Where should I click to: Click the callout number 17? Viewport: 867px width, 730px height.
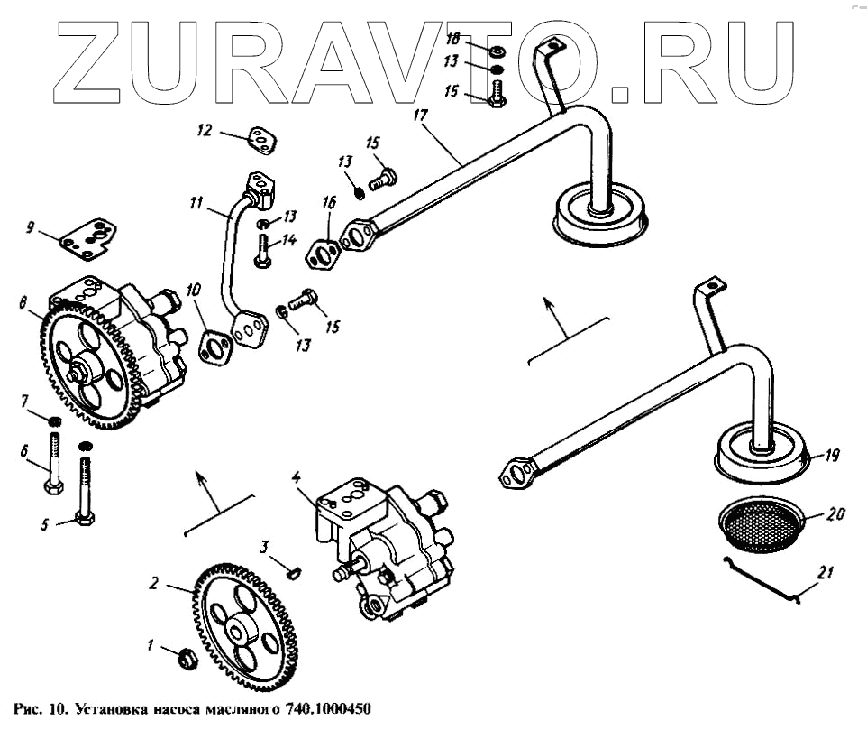(418, 116)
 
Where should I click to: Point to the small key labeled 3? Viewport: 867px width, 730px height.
(292, 569)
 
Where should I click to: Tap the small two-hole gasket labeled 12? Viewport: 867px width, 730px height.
(261, 140)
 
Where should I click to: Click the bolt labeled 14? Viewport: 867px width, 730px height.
(262, 247)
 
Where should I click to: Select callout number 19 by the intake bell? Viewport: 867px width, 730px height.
(831, 457)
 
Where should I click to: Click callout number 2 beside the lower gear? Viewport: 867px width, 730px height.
(154, 585)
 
